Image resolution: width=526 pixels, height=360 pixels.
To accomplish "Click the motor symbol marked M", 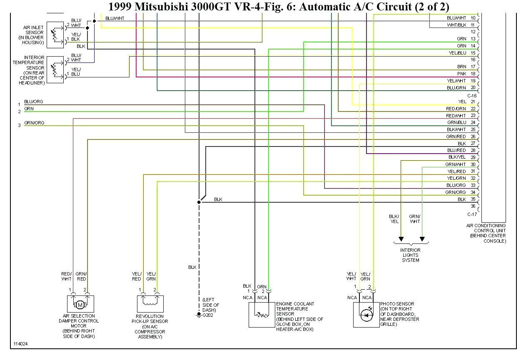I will click(80, 305).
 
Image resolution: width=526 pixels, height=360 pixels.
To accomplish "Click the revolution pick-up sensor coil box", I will click(150, 304).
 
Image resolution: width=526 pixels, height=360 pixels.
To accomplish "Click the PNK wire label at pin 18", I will click(461, 74).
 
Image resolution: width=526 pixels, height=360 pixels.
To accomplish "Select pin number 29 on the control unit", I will click(473, 157).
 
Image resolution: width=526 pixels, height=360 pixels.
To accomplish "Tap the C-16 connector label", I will click(472, 96).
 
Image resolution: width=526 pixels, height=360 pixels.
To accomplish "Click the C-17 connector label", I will click(472, 214).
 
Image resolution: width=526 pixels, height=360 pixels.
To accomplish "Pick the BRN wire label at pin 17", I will click(461, 67).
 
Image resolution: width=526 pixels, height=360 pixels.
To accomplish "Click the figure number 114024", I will click(21, 344).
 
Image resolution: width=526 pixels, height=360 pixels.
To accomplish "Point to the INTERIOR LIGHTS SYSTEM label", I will click(411, 255).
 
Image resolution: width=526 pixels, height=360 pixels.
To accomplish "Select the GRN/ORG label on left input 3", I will click(34, 123).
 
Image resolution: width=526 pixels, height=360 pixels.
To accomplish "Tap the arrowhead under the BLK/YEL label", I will click(401, 239).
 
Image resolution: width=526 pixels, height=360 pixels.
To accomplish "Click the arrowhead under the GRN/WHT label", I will click(422, 239).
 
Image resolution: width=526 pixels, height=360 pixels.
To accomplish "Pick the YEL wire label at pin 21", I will click(462, 102).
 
